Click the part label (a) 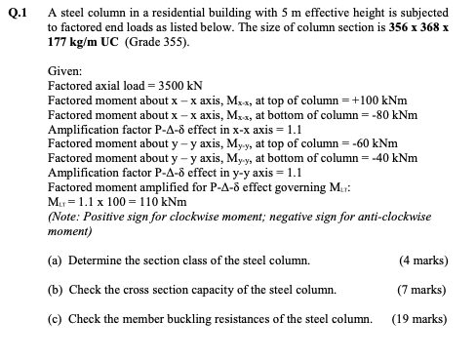[x=56, y=261]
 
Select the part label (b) [x=56, y=290]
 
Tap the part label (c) [x=56, y=318]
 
